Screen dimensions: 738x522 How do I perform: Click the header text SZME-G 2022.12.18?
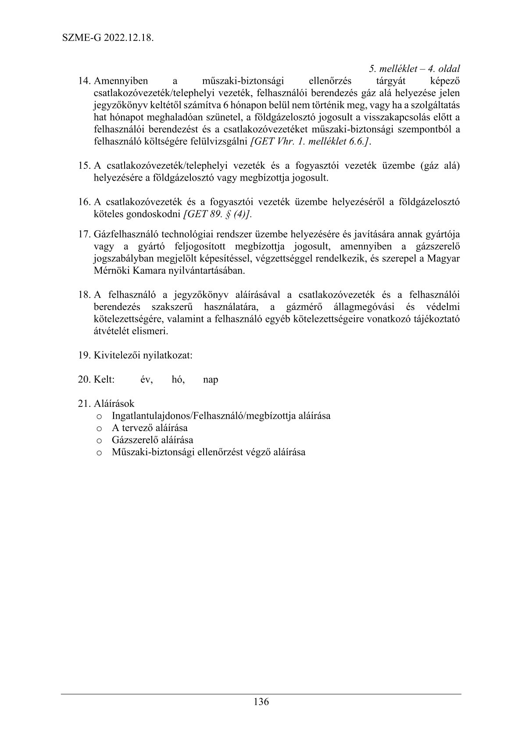[x=107, y=38]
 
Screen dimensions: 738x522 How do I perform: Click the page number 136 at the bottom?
[x=261, y=702]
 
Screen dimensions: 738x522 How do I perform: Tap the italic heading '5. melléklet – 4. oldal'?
[x=414, y=69]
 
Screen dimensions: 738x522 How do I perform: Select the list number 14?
[x=84, y=81]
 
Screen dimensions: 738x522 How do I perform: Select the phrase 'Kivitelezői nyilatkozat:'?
[x=143, y=355]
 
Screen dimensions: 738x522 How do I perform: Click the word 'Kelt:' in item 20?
[x=104, y=379]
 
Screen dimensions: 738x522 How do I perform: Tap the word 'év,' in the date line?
[x=147, y=379]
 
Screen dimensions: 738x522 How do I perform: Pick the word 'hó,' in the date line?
[x=178, y=379]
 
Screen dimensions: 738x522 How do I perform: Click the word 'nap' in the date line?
[x=211, y=379]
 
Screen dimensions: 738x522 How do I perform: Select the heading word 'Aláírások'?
[x=114, y=403]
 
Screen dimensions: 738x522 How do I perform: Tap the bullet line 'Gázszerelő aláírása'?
[x=152, y=440]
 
